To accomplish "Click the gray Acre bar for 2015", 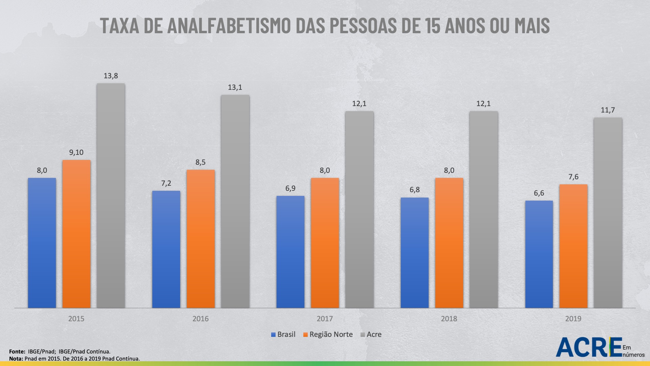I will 111,196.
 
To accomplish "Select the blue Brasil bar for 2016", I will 166,249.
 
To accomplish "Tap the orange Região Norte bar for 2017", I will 325,243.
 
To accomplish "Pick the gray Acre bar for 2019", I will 608,212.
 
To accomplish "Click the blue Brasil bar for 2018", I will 415,252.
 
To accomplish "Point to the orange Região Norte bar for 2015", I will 76,234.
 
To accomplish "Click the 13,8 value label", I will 111,76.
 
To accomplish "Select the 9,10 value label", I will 76,152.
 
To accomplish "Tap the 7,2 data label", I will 166,183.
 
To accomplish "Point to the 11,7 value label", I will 608,110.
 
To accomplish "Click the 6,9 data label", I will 290,188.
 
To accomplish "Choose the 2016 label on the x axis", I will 200,319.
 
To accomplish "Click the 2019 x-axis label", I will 573,319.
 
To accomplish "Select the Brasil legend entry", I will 283,334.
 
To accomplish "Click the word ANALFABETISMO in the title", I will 229,25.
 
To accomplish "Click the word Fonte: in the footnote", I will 17,351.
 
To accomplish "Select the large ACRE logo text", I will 589,347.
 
